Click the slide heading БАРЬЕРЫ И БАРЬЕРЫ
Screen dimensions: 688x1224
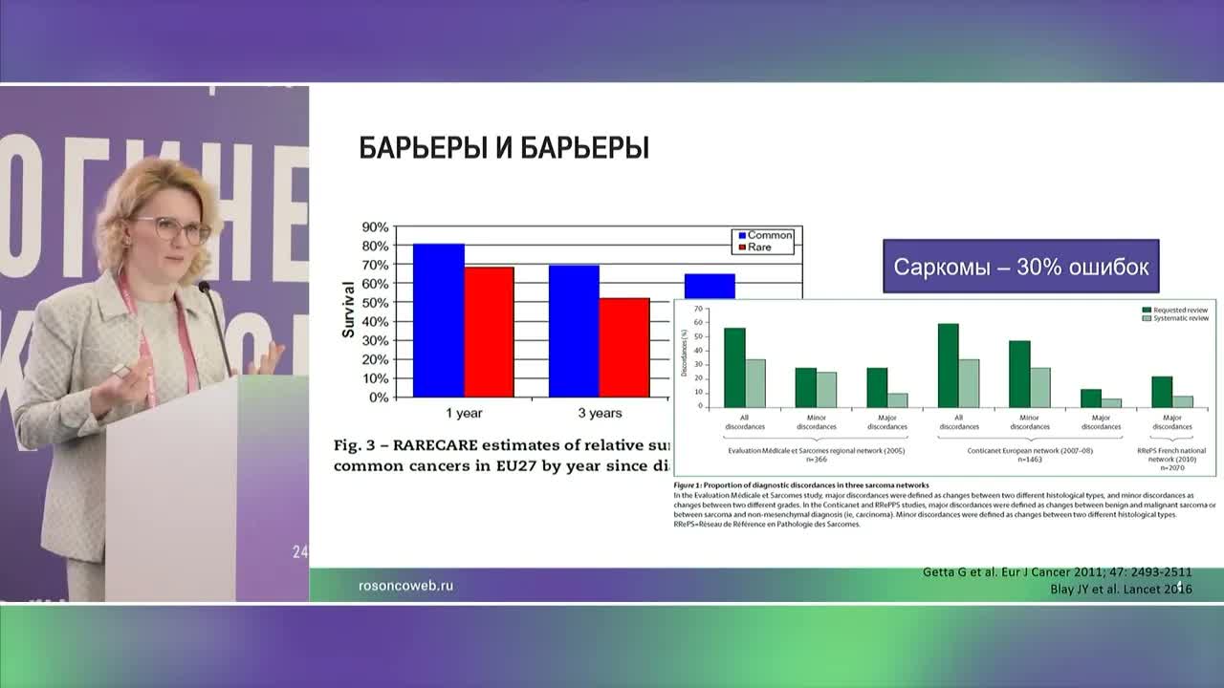click(504, 148)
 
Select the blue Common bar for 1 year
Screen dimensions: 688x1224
click(438, 320)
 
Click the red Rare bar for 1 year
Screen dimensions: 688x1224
click(489, 332)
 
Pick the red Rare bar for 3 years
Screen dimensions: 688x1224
click(623, 347)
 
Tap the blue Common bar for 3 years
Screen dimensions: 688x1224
click(574, 331)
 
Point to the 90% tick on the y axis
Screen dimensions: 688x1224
click(375, 227)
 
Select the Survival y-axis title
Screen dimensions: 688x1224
click(349, 311)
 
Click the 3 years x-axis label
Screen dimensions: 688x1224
click(599, 414)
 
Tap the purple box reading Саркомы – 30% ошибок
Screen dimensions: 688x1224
click(1020, 267)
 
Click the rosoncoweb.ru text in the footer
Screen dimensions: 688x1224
click(405, 586)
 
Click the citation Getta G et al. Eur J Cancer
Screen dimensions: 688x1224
click(1057, 571)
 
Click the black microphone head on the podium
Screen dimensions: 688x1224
click(204, 287)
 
